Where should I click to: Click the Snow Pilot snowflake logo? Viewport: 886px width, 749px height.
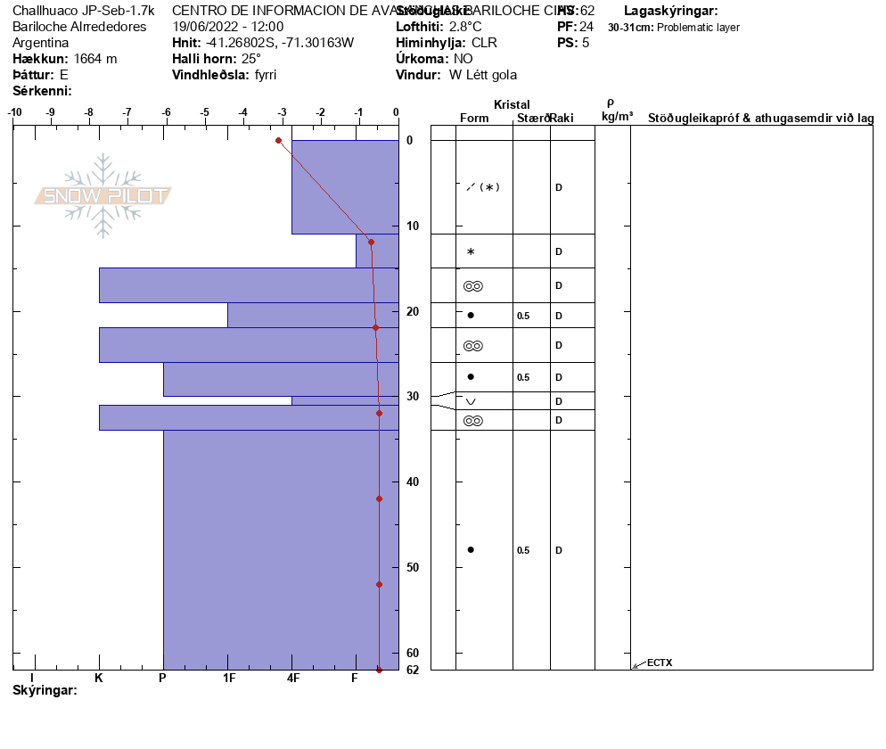[x=103, y=195]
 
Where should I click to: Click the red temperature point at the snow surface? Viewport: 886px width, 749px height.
[x=279, y=140]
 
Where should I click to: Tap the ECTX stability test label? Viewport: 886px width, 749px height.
[x=660, y=663]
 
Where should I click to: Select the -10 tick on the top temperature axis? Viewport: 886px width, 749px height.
[x=14, y=112]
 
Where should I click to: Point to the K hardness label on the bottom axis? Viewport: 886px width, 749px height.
[x=99, y=678]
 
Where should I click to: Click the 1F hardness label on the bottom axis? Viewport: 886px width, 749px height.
[x=229, y=678]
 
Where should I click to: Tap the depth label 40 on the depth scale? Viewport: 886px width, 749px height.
[x=413, y=481]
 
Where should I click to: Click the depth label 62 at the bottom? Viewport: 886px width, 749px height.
[x=413, y=670]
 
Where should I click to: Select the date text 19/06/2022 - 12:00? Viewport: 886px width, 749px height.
[x=227, y=27]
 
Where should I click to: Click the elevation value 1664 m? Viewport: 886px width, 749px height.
[x=95, y=59]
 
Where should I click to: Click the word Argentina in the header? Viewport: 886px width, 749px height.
[x=41, y=43]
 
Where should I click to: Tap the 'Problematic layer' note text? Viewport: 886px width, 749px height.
[x=698, y=28]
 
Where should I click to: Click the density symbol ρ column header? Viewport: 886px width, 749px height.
[x=610, y=103]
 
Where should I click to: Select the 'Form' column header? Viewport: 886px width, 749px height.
[x=474, y=119]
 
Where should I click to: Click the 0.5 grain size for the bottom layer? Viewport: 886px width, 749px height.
[x=523, y=550]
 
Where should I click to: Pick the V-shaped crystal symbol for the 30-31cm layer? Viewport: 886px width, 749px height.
[x=471, y=401]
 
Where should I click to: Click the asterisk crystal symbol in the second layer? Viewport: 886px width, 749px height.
[x=471, y=252]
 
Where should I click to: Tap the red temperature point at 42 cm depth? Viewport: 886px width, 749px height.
[x=379, y=498]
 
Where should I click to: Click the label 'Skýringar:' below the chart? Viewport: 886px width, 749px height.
[x=45, y=690]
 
